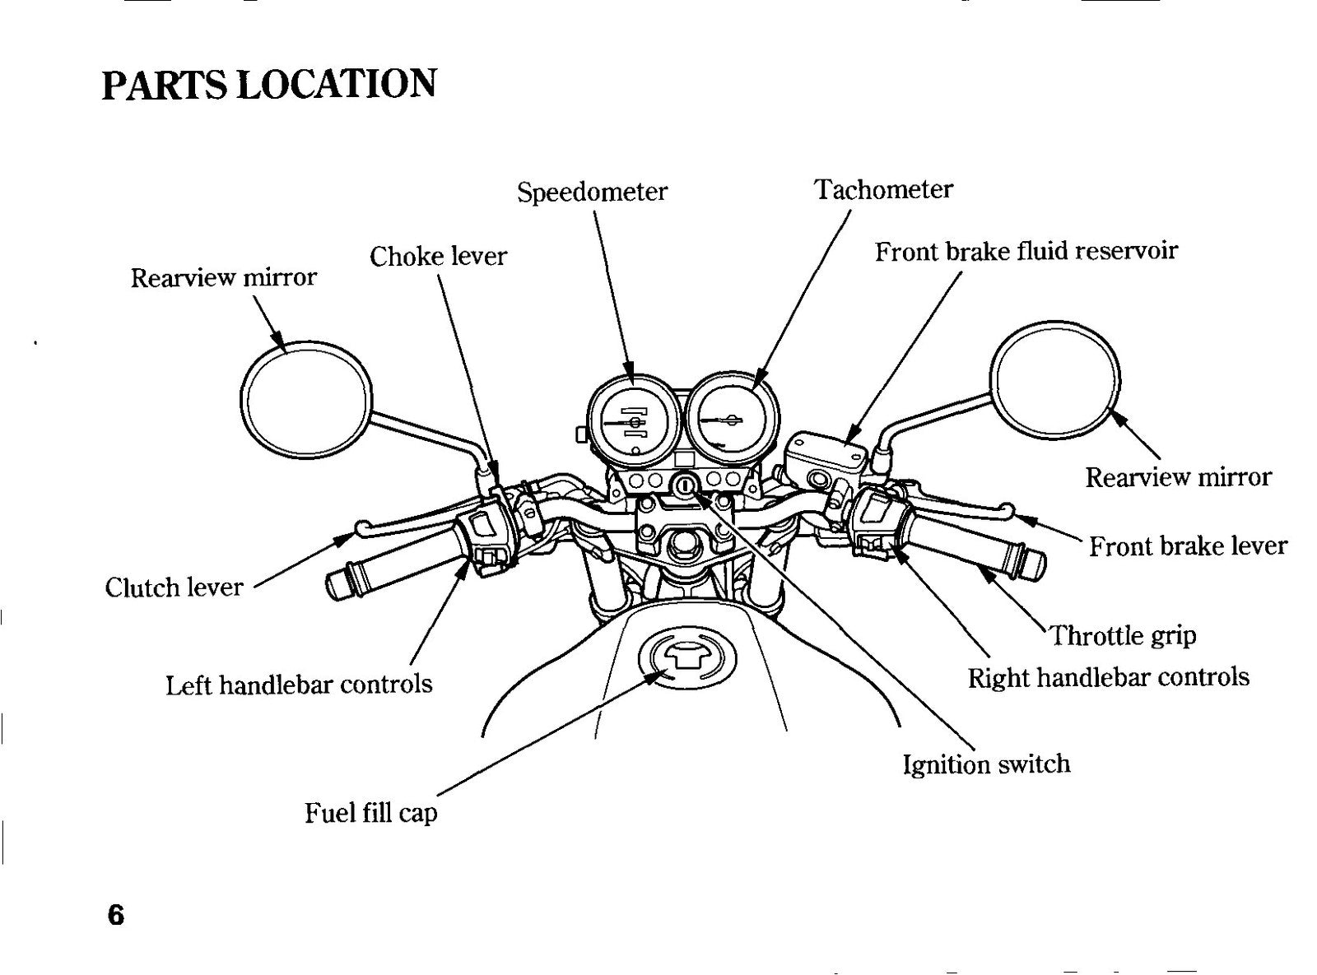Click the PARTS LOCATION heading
coord(269,84)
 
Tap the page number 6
coord(116,914)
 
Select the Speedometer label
coord(592,193)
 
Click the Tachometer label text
coord(883,190)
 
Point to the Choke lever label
coord(438,257)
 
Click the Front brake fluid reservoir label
coord(1026,251)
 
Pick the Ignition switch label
coord(986,765)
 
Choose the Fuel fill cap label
coord(370,813)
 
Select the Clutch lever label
coord(174,587)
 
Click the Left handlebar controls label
coord(299,685)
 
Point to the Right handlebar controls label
coord(1109,677)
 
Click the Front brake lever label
coord(1188,546)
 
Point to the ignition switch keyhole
coord(685,485)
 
